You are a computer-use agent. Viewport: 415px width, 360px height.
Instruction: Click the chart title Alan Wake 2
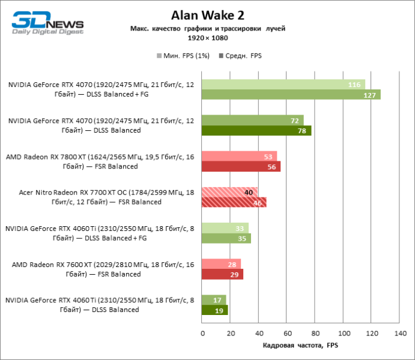[207, 14]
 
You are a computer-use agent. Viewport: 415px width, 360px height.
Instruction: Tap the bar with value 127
[291, 94]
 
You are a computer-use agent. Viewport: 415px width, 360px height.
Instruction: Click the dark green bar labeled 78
[256, 130]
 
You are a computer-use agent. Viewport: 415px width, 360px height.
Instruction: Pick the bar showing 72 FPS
[253, 121]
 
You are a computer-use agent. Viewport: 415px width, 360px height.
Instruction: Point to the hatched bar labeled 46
[234, 202]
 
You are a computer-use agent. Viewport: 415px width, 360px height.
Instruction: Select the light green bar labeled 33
[225, 229]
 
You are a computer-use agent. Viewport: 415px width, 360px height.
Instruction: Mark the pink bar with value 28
[222, 265]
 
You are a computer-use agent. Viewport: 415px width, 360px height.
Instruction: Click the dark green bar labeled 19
[215, 310]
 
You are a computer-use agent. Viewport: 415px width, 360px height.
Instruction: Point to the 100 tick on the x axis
[343, 332]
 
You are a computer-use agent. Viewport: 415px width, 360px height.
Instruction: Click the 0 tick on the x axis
[202, 332]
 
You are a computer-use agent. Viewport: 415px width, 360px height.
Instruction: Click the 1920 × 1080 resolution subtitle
[207, 38]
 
